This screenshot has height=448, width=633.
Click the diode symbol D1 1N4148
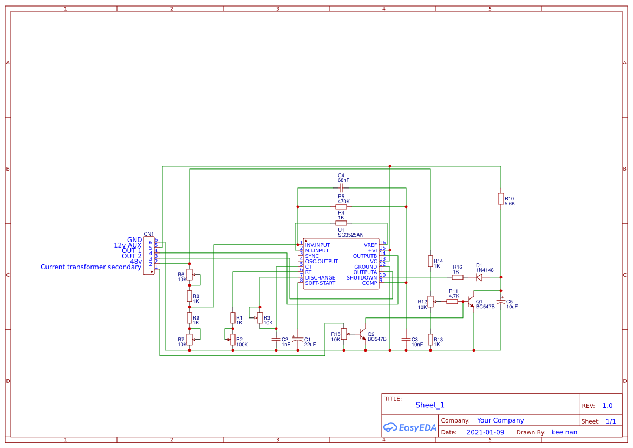(479, 277)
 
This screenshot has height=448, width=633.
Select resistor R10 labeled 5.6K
(501, 199)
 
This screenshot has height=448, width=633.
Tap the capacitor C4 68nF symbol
(341, 188)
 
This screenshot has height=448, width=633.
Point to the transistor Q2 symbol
(363, 334)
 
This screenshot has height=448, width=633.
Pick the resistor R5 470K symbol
(341, 207)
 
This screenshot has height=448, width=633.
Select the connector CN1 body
(149, 256)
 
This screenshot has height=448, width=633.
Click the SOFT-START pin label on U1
(320, 283)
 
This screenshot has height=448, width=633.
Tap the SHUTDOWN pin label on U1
(362, 278)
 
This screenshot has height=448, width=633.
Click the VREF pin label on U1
(370, 245)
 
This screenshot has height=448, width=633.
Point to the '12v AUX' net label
(127, 245)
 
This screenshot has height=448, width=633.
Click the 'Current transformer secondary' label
(90, 267)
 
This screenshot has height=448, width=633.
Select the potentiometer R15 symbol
(344, 334)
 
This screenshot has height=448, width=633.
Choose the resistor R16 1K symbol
(458, 277)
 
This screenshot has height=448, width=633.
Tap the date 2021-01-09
(485, 432)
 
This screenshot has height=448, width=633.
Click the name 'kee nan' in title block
(564, 432)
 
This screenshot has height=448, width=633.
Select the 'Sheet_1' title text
(430, 405)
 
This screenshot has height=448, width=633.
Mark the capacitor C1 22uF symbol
(297, 340)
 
